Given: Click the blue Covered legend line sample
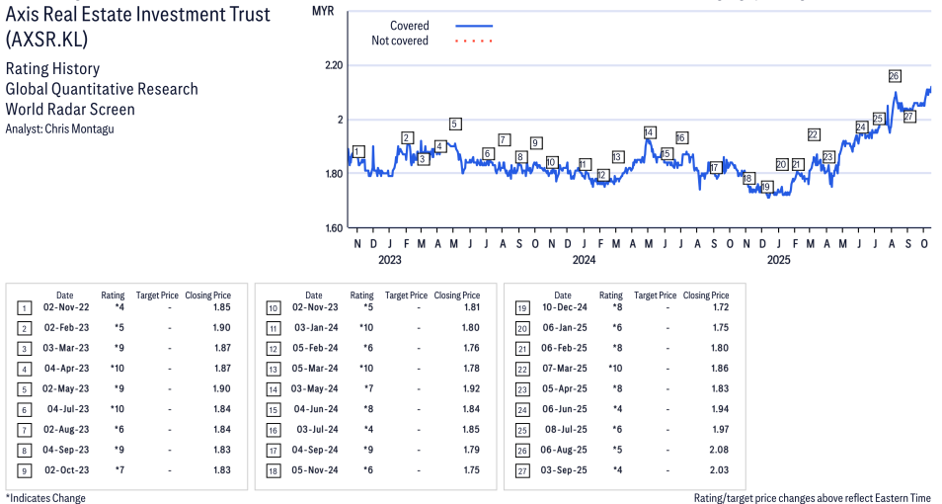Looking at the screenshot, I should [474, 26].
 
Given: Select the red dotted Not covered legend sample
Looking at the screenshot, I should [474, 42].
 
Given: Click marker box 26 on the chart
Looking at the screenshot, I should [895, 75].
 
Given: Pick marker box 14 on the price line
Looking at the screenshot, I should [649, 132].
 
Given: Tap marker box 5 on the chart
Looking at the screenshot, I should [455, 124].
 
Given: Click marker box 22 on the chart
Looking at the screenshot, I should [814, 134].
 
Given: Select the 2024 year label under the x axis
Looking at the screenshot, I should [584, 261].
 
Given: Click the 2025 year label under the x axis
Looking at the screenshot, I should [778, 261].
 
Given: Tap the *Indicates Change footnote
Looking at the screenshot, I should [45, 498].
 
